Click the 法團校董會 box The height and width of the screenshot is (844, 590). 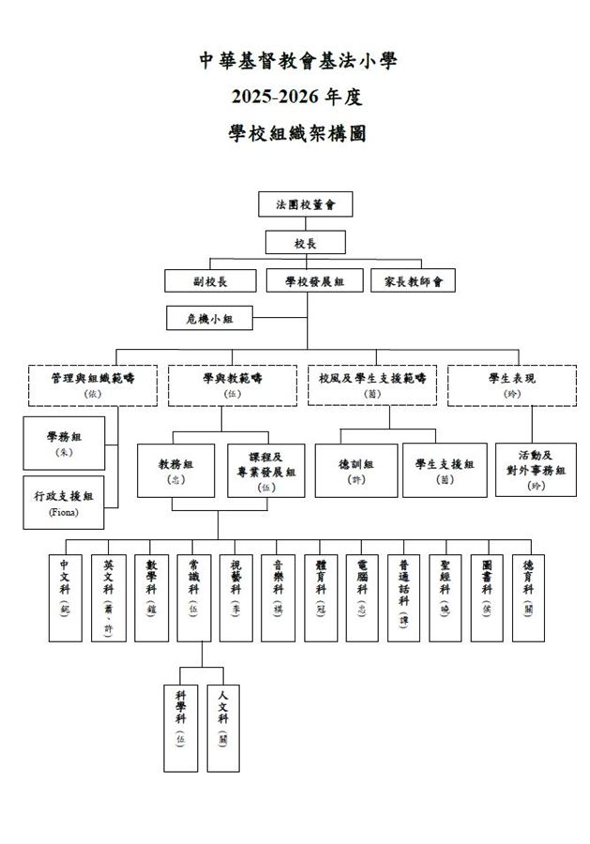[305, 203]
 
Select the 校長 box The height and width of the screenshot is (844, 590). [305, 242]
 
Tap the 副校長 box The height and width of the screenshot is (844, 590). [211, 280]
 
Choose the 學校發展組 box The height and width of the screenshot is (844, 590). [314, 280]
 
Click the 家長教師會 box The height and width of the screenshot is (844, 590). [413, 280]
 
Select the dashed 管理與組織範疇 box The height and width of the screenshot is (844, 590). [93, 385]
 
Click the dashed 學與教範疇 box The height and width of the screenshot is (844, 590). [233, 385]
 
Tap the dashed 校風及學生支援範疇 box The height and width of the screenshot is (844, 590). [372, 385]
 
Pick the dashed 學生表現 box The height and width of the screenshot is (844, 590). [511, 385]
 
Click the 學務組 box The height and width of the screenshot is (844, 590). [65, 443]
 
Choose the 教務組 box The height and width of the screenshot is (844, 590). [176, 470]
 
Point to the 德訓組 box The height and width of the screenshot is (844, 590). [356, 470]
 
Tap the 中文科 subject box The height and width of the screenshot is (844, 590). [65, 597]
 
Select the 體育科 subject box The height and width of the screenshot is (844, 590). [321, 597]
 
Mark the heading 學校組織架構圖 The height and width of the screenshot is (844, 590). [296, 133]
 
